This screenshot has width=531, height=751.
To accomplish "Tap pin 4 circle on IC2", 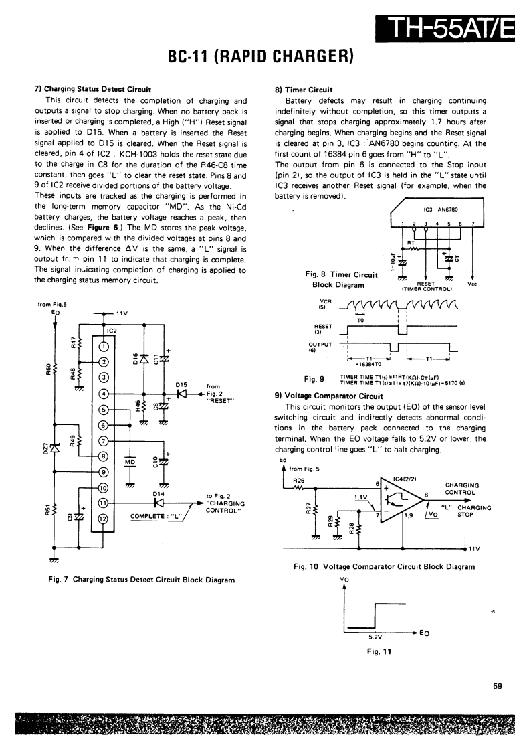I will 103,394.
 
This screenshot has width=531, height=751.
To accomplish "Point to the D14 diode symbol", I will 159,503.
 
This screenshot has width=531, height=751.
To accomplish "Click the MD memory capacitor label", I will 130,461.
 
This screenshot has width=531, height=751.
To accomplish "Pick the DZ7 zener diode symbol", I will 54,447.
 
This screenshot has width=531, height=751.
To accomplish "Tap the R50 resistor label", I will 47,369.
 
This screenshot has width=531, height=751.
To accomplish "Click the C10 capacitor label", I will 155,462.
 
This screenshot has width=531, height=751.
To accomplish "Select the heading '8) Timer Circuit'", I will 304,89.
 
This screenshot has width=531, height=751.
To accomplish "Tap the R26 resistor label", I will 299,480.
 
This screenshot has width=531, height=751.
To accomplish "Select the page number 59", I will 497,685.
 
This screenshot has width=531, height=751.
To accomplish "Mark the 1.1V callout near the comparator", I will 361,497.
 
